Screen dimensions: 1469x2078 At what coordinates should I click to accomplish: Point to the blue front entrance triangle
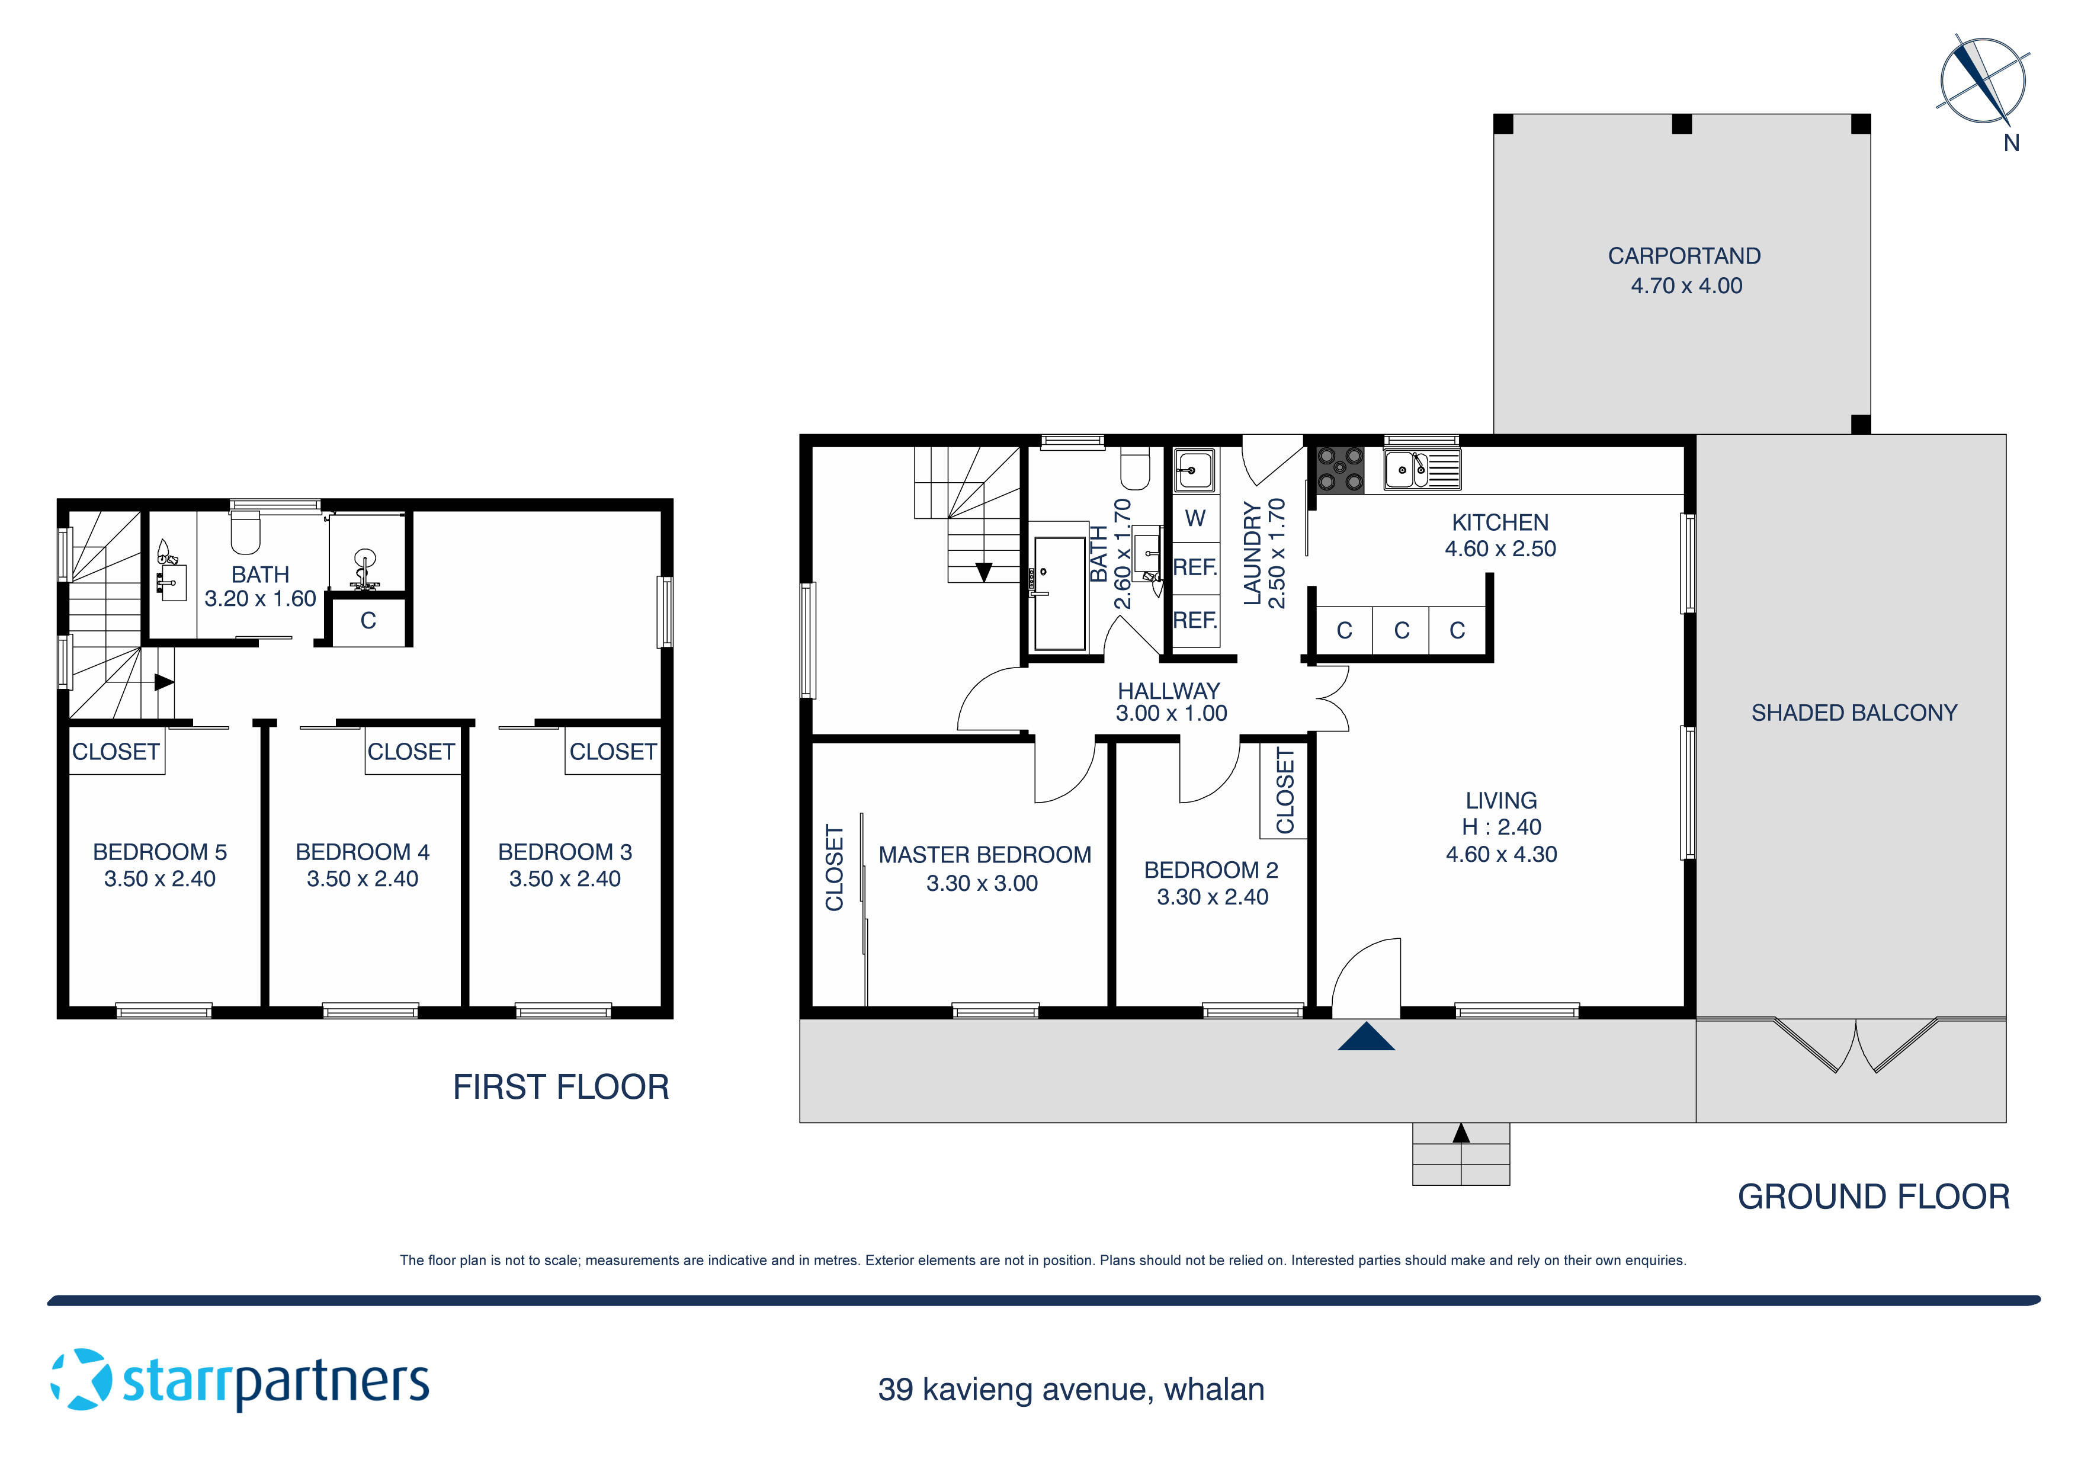[1366, 1037]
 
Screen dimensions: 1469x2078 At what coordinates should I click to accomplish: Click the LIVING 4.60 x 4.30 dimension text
[1502, 854]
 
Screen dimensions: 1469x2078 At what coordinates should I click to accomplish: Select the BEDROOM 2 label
[1211, 870]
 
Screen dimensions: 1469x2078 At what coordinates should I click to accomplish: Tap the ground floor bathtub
[1060, 593]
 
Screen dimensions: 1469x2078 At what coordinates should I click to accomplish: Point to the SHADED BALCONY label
[1853, 713]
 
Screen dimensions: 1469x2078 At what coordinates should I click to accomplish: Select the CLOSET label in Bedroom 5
[116, 752]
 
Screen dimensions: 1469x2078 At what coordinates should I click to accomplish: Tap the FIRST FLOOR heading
[560, 1087]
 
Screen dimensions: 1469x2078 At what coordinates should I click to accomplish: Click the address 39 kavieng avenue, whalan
[1070, 1390]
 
